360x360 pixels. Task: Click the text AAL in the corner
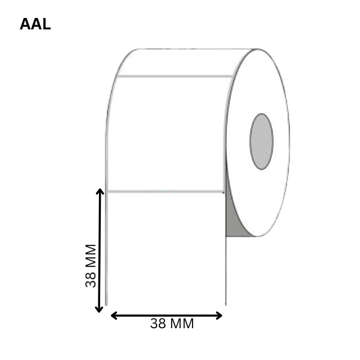tap(35, 24)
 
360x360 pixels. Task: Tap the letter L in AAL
tap(47, 24)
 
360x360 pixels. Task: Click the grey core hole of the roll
tap(261, 142)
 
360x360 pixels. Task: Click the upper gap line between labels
tap(175, 76)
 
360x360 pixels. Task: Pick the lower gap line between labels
tap(166, 191)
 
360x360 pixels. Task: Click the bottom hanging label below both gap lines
tap(166, 249)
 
